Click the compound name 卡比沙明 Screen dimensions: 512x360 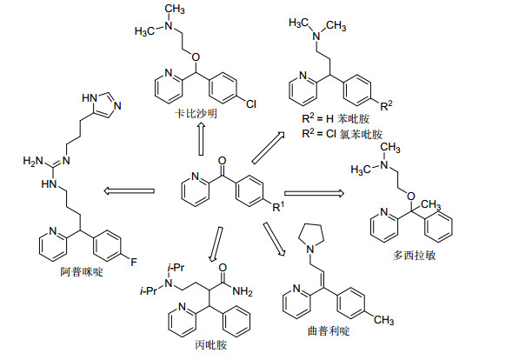tap(196, 114)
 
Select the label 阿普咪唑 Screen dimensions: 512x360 tap(82, 271)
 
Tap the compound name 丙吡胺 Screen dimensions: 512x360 tap(210, 345)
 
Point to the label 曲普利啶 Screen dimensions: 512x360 tap(329, 331)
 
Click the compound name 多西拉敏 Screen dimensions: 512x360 tap(414, 255)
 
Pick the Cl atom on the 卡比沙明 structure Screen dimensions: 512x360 tap(251, 104)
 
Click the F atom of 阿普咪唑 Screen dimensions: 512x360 tap(134, 262)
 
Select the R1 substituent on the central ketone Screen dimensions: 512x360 tap(278, 207)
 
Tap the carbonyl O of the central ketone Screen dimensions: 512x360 tap(222, 161)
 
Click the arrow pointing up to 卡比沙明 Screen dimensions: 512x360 tap(201, 139)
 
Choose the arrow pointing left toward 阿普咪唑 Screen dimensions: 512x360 tap(129, 190)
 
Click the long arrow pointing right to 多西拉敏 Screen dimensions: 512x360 tap(314, 193)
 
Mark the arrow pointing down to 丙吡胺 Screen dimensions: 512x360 tap(216, 244)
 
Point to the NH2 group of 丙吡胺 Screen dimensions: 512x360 tap(243, 291)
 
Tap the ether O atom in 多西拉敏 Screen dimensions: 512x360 tap(411, 197)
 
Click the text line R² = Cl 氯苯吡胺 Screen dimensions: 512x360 tap(342, 134)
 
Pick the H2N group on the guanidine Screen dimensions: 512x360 tap(33, 161)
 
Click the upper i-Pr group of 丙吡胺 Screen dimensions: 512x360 tap(176, 268)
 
